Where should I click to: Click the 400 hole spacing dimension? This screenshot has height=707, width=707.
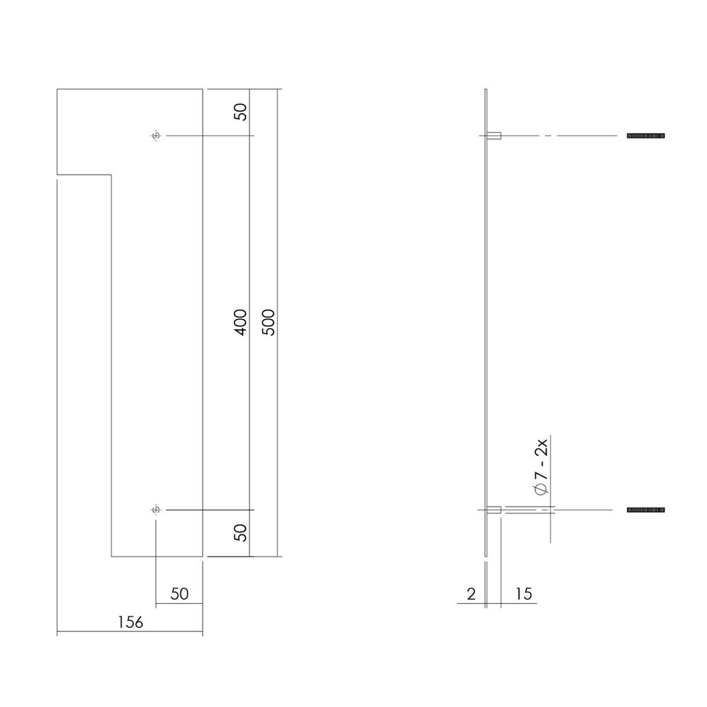coord(240,322)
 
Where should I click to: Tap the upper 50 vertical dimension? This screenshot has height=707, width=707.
coord(240,112)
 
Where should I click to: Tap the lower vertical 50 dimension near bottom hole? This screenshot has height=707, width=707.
coord(240,532)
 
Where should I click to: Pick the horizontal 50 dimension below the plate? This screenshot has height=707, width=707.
coord(180,594)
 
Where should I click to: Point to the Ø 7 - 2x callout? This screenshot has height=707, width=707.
coord(542,471)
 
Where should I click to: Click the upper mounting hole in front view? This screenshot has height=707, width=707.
coord(156,135)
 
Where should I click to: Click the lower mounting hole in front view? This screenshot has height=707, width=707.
coord(156,510)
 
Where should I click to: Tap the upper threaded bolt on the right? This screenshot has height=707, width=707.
coord(646,135)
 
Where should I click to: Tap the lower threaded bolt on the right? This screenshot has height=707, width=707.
coord(646,510)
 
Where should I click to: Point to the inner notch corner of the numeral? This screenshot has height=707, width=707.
coord(112,173)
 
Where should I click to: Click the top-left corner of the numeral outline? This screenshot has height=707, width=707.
coord(57,89)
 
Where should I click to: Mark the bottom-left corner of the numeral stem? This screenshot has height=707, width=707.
coord(112,556)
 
